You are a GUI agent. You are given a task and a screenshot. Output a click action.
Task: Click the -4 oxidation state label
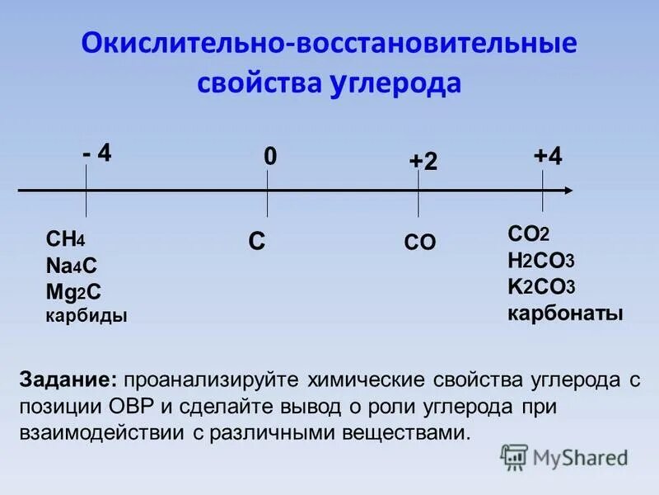(x=97, y=153)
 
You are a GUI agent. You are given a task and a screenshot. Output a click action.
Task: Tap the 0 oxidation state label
(x=269, y=157)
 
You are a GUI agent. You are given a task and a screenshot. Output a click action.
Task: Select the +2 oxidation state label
(x=423, y=163)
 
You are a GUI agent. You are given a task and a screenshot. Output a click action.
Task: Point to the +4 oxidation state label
(x=548, y=157)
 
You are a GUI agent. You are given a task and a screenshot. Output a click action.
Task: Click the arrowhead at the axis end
(x=568, y=191)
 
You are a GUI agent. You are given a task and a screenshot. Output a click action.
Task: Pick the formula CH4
(x=66, y=240)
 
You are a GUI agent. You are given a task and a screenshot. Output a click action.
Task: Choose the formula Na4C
(x=72, y=266)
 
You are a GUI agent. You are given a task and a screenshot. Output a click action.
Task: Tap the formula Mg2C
(x=74, y=291)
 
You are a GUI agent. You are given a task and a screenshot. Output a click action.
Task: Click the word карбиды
(x=86, y=315)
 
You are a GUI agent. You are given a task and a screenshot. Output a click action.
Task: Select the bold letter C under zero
(x=257, y=242)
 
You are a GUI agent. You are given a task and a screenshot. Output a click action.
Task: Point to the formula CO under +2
(x=420, y=243)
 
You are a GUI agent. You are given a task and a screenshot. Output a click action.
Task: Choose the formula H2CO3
(x=540, y=261)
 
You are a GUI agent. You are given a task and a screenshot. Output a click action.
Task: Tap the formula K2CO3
(x=540, y=287)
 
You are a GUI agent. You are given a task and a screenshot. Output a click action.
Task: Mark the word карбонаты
(x=565, y=313)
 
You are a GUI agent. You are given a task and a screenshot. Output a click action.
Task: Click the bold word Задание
(x=69, y=381)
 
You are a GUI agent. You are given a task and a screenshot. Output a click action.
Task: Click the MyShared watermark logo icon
(x=515, y=455)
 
